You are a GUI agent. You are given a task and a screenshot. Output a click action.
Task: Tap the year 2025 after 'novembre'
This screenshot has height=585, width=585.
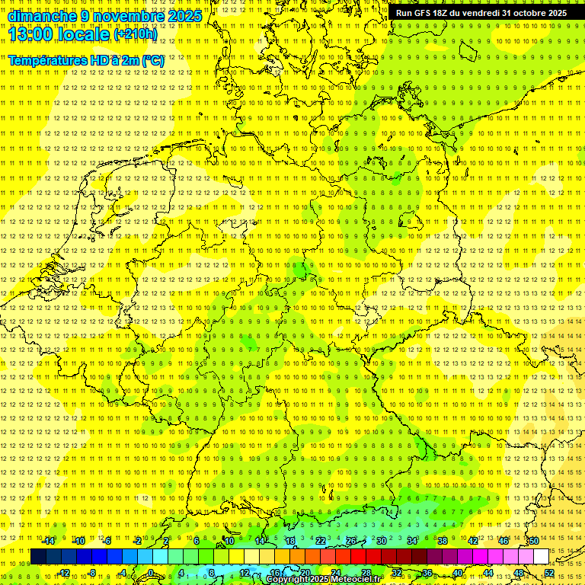point(184,15)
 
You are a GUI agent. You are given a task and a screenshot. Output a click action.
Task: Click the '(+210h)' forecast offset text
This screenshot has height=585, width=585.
point(136,34)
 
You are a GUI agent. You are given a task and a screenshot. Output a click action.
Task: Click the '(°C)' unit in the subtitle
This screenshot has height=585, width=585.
point(153,60)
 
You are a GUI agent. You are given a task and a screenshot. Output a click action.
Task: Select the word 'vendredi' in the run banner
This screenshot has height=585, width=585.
point(481,13)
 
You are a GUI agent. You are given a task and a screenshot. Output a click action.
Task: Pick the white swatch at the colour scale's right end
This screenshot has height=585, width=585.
point(541,557)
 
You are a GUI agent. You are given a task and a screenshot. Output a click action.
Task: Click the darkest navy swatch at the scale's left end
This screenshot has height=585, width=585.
point(38,557)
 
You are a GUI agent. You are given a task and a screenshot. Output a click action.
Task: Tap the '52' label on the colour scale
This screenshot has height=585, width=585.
point(549,573)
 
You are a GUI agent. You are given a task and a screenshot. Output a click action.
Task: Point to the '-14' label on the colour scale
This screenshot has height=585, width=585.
point(49,541)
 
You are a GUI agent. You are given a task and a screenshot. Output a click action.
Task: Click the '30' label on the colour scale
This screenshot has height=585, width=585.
point(381,541)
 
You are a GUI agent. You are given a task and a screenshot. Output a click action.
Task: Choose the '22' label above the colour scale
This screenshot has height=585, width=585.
point(321,541)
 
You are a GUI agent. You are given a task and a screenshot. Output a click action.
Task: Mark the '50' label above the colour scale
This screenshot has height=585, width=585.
point(533,541)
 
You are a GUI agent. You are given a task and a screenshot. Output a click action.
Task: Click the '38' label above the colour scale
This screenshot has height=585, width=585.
point(442,541)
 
